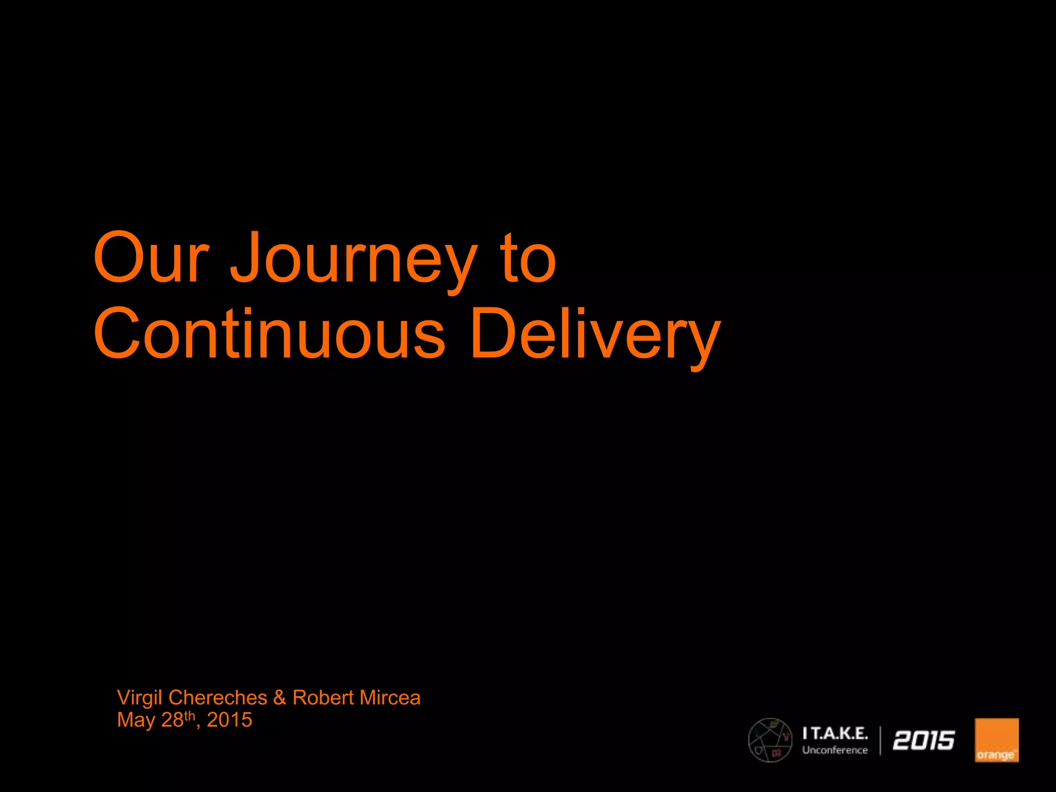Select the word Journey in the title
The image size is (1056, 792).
point(354,260)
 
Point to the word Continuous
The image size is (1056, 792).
point(269,334)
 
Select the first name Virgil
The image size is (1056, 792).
point(140,698)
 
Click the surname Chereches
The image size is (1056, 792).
point(218,698)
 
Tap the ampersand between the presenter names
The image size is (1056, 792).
point(279,698)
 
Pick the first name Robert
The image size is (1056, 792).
point(323,698)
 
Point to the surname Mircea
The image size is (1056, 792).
point(390,698)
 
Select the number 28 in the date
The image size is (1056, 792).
point(172,720)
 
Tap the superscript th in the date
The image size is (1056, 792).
point(190,715)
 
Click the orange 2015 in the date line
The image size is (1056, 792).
point(229,720)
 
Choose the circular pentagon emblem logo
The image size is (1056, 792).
point(770,740)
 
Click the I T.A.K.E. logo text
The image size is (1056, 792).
point(835,733)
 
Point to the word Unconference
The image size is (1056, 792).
point(835,750)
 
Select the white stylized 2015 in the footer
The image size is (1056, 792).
point(923,740)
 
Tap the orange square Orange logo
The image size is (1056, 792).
point(996,740)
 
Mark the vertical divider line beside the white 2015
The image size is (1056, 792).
point(880,740)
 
